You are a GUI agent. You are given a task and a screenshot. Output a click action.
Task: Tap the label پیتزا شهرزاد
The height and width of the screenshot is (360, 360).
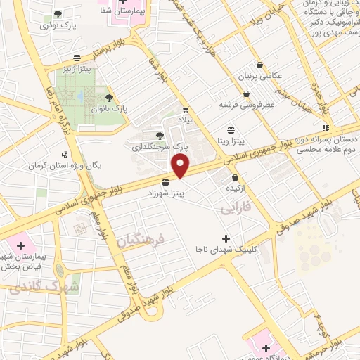pos(166,192)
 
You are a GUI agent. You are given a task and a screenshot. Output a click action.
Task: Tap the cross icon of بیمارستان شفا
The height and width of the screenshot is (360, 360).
pos(123,3)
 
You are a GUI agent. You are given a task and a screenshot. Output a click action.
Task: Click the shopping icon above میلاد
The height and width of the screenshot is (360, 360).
pos(186,109)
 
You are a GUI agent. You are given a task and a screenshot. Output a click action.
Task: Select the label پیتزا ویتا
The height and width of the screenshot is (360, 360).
pos(231,141)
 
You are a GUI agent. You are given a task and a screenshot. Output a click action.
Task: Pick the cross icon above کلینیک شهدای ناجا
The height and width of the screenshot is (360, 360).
pos(225,238)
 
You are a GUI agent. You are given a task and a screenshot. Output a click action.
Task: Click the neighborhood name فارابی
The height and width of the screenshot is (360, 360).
pos(236,210)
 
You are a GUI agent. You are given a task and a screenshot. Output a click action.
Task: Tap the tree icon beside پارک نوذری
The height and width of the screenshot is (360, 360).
pos(58,13)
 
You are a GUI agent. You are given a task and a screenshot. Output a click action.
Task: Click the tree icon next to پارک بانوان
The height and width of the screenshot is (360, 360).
pos(108,98)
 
